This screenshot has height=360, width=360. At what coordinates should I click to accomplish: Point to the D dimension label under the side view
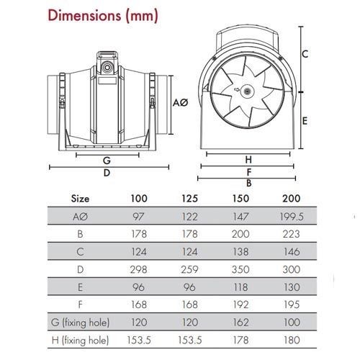106,173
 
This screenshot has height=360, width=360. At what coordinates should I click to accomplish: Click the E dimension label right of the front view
305,121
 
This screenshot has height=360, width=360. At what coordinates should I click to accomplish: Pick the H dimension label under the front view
248,159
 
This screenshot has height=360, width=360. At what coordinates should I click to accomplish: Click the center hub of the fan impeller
247,92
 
